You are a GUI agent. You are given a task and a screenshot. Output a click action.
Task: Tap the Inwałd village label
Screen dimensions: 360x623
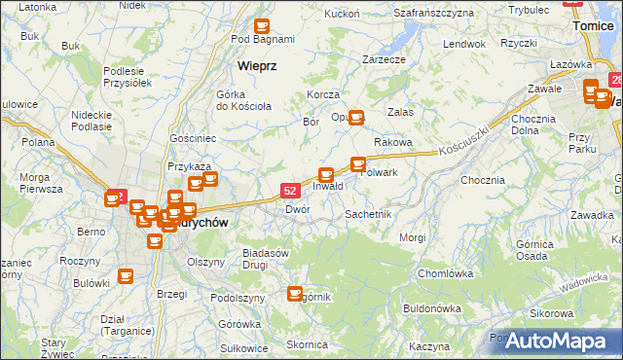(327, 186)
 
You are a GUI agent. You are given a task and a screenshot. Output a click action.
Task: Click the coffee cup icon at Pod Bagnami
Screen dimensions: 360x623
(261, 26)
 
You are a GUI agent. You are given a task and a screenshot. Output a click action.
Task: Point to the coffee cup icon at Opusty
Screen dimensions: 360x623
(356, 118)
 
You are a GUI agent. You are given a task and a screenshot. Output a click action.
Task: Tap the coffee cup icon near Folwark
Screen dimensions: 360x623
(358, 164)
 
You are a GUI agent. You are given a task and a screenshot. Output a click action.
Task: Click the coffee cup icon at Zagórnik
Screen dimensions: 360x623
(296, 292)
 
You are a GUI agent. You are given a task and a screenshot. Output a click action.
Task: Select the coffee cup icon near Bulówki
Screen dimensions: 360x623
(125, 276)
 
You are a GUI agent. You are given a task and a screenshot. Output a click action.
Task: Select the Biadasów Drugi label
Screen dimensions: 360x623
(267, 258)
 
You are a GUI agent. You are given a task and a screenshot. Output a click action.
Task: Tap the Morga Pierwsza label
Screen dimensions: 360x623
(40, 183)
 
